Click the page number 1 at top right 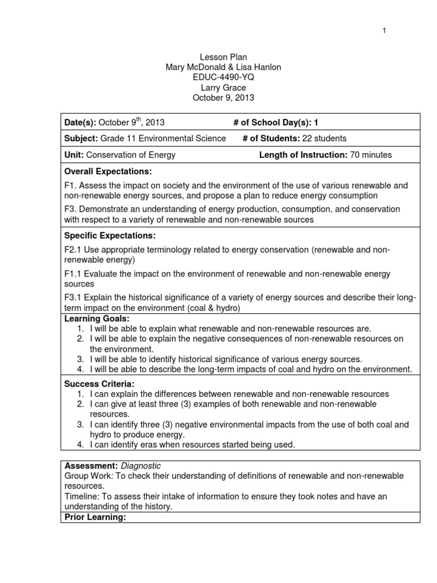pos(384,31)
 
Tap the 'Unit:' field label pos(75,155)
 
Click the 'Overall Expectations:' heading pos(108,171)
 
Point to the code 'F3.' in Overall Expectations pos(71,209)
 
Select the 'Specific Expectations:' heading pos(108,236)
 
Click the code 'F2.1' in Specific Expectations pos(73,251)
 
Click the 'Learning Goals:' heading pos(97,318)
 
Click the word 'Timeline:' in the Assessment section pos(81,496)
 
